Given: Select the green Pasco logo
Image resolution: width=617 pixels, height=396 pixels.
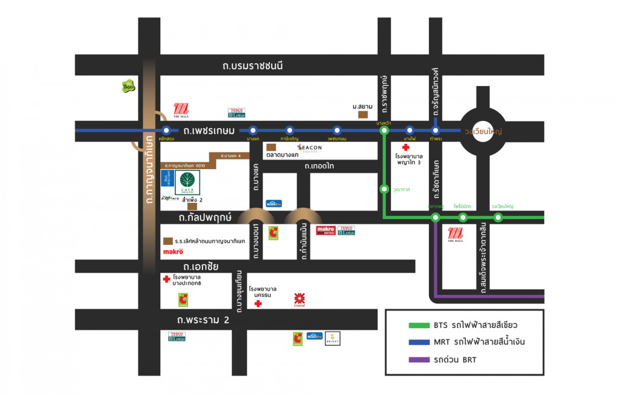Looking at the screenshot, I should (128, 87).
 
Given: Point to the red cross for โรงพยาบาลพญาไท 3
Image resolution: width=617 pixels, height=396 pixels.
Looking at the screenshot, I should (406, 147).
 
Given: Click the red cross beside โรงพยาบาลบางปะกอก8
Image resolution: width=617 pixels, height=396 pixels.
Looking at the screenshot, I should (166, 279).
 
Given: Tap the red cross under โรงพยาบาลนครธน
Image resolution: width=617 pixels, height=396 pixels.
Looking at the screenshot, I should (258, 304).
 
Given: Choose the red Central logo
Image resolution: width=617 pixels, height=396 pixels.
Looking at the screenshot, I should (299, 299).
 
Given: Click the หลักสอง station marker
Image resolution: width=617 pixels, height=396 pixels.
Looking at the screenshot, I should (166, 130).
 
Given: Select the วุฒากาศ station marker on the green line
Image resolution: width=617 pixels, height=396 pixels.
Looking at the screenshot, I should (384, 189).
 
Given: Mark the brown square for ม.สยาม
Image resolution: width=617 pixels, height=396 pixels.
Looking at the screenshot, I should (363, 114).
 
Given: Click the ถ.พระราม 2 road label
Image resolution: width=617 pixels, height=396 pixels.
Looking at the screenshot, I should (203, 320).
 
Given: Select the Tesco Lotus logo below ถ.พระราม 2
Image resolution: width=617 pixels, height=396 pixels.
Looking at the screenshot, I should (177, 336).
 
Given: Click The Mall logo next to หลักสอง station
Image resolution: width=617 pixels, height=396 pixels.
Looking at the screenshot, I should (181, 111).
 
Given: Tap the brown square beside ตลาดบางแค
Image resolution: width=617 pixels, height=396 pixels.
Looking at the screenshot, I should (271, 147).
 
